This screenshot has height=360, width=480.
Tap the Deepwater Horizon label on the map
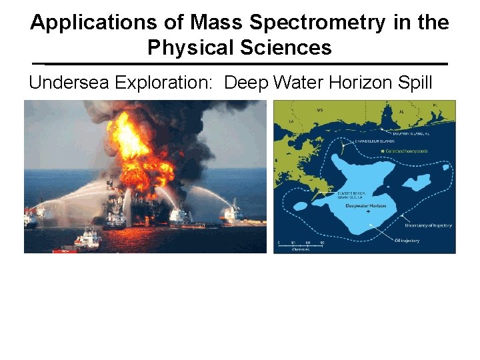click(x=367, y=206)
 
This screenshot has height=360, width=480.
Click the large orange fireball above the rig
click(x=133, y=143)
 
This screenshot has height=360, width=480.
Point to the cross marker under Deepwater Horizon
click(x=369, y=213)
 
